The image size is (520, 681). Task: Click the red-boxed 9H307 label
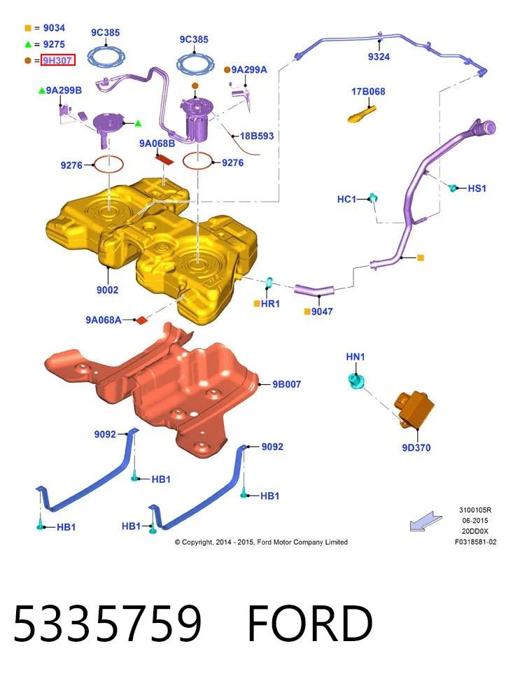coord(58,60)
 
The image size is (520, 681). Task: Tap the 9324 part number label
coord(379,57)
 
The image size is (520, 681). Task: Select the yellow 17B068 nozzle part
coord(362,114)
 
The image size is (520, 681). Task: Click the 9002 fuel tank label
coord(107,290)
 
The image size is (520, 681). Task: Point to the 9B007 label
coord(287,384)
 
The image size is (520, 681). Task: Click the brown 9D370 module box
coord(414,409)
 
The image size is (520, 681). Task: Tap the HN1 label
coord(356,356)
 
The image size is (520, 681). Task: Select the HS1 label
coord(477,188)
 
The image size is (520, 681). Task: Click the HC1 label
coord(346,199)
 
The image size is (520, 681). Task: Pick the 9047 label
coord(322,311)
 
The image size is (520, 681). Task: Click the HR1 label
coord(270,304)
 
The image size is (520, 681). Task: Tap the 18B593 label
coord(257,136)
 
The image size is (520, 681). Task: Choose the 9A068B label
coord(157,143)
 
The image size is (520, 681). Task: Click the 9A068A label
coord(104,320)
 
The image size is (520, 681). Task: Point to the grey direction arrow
coord(426,521)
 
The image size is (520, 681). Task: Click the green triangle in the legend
coord(28,44)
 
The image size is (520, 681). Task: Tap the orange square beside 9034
coord(28,28)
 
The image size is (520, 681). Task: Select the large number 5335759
coord(108,623)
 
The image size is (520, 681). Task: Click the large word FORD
coord(310,623)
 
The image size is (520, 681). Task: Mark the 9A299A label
coord(249,69)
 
